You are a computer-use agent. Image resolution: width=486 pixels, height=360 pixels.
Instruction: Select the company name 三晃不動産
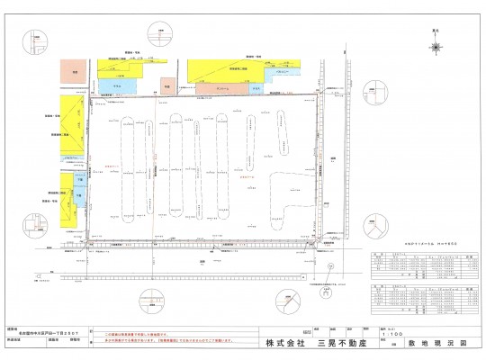[x=337, y=343]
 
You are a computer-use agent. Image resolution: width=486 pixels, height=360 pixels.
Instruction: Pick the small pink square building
[x=166, y=87]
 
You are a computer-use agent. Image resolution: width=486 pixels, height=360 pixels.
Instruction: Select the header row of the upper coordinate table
[x=424, y=256]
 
